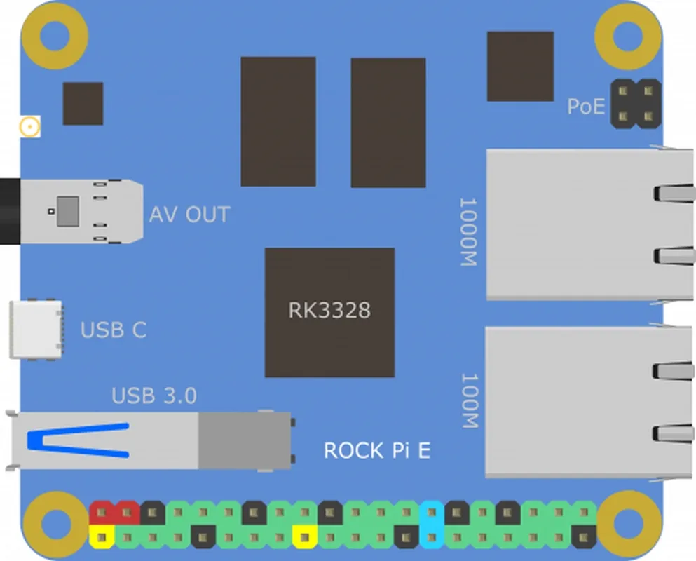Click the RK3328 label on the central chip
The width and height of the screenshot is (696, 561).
[x=329, y=310]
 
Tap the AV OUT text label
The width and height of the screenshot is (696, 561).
[x=189, y=215]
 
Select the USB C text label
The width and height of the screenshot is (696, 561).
[x=114, y=330]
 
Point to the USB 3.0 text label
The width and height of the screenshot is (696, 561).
[x=154, y=396]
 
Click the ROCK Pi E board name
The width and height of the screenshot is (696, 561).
[x=377, y=450]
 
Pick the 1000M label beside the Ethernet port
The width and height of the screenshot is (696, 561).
[x=468, y=232]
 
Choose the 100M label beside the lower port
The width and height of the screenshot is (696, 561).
[x=468, y=400]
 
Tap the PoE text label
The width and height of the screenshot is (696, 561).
[x=585, y=107]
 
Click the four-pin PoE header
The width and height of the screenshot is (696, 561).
[x=636, y=103]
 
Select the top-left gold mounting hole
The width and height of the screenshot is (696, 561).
[x=55, y=34]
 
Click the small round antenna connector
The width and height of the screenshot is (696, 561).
[x=29, y=127]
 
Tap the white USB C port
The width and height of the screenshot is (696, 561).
[x=36, y=330]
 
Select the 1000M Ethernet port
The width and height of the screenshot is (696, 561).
[x=589, y=224]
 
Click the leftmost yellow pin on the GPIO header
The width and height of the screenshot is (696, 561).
[x=102, y=538]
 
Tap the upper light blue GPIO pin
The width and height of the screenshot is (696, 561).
[x=431, y=513]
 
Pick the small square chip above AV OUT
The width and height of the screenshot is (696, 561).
[x=83, y=104]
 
